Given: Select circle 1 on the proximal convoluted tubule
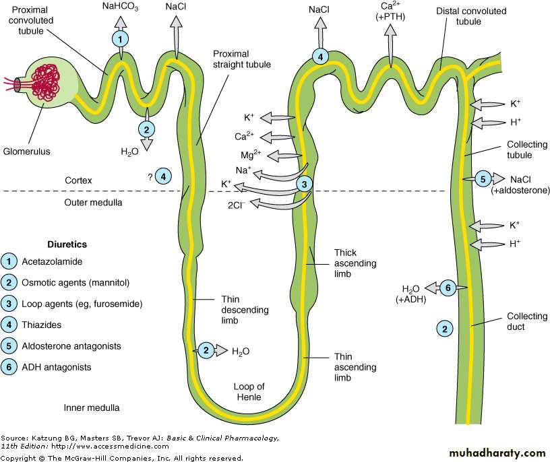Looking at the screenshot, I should [x=121, y=39].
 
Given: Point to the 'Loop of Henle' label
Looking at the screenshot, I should [x=249, y=392].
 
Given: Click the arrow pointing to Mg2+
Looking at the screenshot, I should [x=284, y=155].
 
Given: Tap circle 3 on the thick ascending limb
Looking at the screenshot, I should [x=305, y=183].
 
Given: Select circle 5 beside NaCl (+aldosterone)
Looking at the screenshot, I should [x=483, y=179].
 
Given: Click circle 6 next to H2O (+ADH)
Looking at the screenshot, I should [x=447, y=288].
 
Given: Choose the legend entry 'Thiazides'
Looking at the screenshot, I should [x=42, y=325].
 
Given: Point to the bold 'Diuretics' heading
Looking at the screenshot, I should [x=67, y=244].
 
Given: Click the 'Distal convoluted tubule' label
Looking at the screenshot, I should [x=459, y=17].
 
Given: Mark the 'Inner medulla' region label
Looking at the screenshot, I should [x=92, y=407].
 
